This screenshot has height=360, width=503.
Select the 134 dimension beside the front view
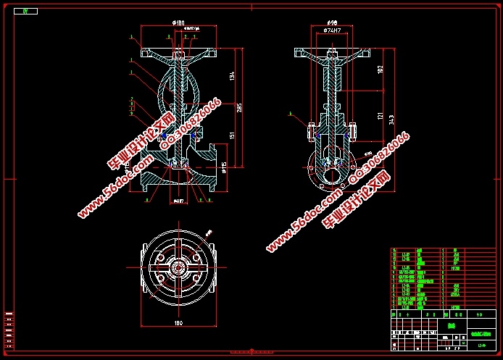(231, 75)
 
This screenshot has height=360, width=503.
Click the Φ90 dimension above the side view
(333, 23)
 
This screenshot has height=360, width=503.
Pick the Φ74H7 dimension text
(333, 31)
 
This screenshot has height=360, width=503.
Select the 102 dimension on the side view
(381, 70)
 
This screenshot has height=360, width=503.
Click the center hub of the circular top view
(178, 267)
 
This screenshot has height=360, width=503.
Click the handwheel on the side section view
(333, 53)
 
